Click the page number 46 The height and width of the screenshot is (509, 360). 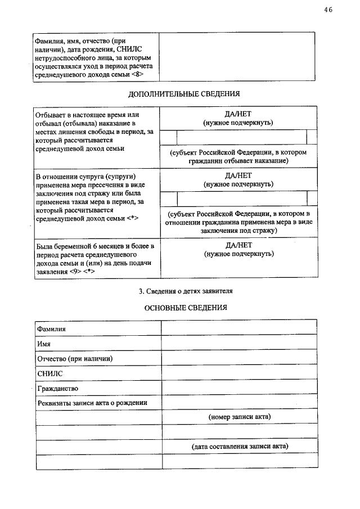point(328,9)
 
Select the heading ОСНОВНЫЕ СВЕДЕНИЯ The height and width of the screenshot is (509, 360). point(185,308)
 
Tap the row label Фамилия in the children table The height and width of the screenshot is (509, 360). point(51,328)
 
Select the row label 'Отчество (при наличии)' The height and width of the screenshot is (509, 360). point(74,358)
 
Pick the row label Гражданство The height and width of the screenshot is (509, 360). point(57,388)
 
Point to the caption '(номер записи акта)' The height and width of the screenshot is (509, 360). point(239,417)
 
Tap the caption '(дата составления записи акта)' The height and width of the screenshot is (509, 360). point(239,447)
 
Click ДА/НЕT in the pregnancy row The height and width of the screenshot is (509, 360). point(238,245)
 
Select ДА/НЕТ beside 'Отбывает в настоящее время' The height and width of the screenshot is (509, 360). point(238,113)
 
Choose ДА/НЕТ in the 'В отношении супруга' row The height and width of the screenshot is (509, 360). point(238,175)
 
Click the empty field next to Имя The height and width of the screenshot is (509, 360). point(238,343)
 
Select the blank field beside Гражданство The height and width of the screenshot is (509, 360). point(238,388)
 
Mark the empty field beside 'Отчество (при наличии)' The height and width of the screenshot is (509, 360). point(238,358)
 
